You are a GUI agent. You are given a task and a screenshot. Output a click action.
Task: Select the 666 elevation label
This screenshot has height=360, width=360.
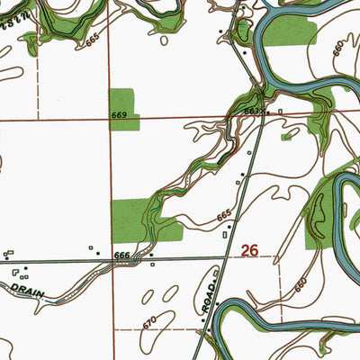click(122, 256)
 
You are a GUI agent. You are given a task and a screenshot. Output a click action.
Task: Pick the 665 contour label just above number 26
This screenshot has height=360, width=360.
click(224, 216)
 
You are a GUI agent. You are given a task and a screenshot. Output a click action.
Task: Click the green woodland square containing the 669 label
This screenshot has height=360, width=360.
click(121, 108)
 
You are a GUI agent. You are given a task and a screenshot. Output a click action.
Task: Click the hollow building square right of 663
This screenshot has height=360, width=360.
click(280, 112)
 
